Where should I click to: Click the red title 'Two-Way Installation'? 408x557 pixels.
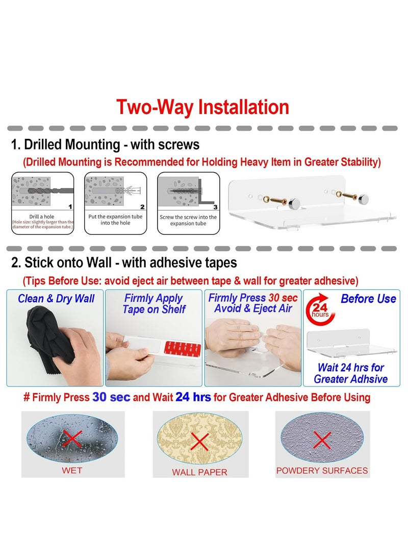coord(202,107)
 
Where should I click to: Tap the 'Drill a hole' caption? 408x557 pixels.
coord(41,216)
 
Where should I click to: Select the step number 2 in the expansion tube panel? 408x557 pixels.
coord(142,207)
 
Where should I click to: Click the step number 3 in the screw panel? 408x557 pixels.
coord(215,207)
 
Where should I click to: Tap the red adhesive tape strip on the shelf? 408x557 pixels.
coord(183,348)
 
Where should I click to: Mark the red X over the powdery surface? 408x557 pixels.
coord(322,440)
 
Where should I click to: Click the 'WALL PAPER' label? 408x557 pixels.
coord(199,472)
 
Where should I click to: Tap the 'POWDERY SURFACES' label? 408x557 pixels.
coord(322,471)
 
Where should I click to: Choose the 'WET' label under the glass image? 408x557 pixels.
coord(72,471)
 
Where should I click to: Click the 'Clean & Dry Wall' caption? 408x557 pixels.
coord(56,299)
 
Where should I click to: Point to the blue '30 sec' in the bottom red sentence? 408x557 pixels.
coord(111,397)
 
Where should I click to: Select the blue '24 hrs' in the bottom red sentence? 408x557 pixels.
coord(193,397)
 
